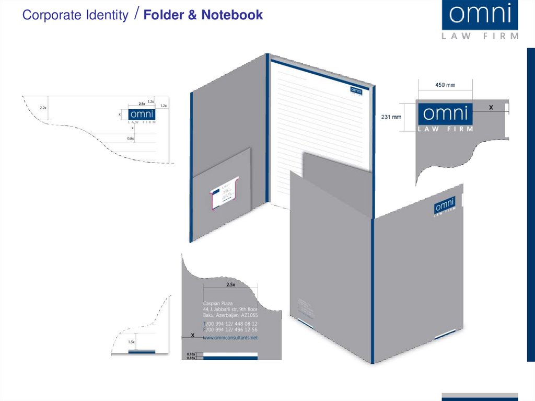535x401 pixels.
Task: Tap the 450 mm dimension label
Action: pyautogui.click(x=445, y=85)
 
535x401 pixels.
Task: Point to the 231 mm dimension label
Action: pyautogui.click(x=391, y=117)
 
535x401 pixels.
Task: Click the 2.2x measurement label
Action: pyautogui.click(x=43, y=108)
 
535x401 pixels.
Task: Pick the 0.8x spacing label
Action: pyautogui.click(x=131, y=139)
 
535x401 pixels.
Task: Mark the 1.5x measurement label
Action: pyautogui.click(x=131, y=342)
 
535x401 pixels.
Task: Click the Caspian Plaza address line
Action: pyautogui.click(x=218, y=303)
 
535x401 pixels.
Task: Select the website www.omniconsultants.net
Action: pyautogui.click(x=230, y=338)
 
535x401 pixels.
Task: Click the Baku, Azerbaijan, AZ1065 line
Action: pyautogui.click(x=230, y=315)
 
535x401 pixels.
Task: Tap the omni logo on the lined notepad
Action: pyautogui.click(x=357, y=90)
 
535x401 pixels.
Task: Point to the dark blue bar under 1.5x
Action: pyautogui.click(x=142, y=352)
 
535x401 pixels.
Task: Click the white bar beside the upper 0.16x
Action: pyautogui.click(x=230, y=354)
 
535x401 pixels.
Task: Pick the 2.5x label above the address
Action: pyautogui.click(x=230, y=285)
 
